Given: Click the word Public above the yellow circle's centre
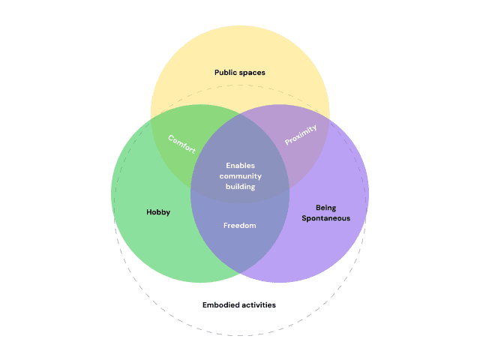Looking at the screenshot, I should [x=226, y=73].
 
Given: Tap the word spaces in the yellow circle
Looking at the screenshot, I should [x=253, y=73].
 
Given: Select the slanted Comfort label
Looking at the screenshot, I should [x=181, y=144].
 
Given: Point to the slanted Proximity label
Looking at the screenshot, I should [x=301, y=135].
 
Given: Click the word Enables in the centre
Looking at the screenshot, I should [x=240, y=165].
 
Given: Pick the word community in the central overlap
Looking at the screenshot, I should [x=240, y=175].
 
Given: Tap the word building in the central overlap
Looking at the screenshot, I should [x=240, y=186].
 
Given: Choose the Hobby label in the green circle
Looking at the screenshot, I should [x=158, y=212].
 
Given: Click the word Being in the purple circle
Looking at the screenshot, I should [x=325, y=207].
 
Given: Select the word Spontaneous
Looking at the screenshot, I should [x=325, y=218].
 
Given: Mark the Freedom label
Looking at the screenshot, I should [x=240, y=225].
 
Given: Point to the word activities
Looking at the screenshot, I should [x=258, y=305].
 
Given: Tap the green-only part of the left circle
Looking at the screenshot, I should [x=150, y=240].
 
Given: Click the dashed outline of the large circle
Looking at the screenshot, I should [x=240, y=335].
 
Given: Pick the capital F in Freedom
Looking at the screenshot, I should [x=226, y=225].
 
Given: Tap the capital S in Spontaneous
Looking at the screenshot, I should [x=304, y=218].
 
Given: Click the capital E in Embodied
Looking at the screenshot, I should [x=205, y=305].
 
